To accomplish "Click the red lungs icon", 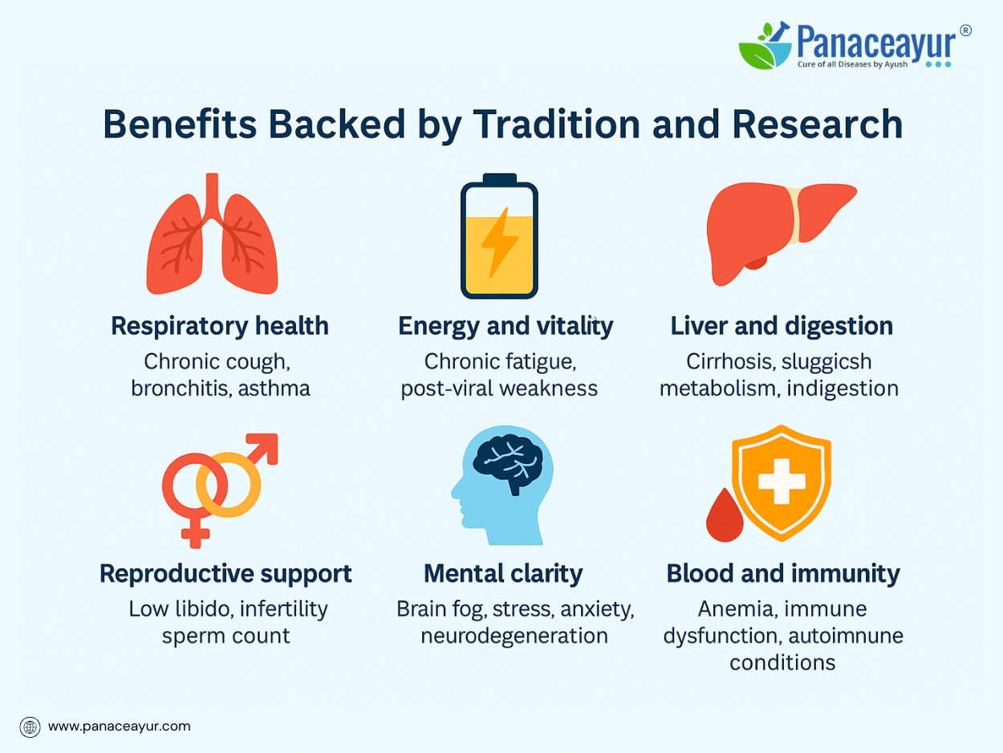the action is click(212, 238).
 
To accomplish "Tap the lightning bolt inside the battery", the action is click(499, 242).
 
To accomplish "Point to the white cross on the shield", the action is click(782, 481).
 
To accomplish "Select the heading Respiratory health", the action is click(220, 327).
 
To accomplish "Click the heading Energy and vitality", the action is click(506, 327).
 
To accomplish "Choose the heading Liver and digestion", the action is click(782, 327).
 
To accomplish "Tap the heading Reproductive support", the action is click(225, 574).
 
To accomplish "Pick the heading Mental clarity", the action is click(503, 574).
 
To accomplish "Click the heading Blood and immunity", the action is click(783, 574).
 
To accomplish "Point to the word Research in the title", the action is click(818, 124).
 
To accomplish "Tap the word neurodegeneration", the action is click(514, 636).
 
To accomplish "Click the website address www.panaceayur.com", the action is click(120, 727).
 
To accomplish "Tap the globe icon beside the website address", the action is click(30, 727).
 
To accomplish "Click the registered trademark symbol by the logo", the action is click(965, 31).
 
